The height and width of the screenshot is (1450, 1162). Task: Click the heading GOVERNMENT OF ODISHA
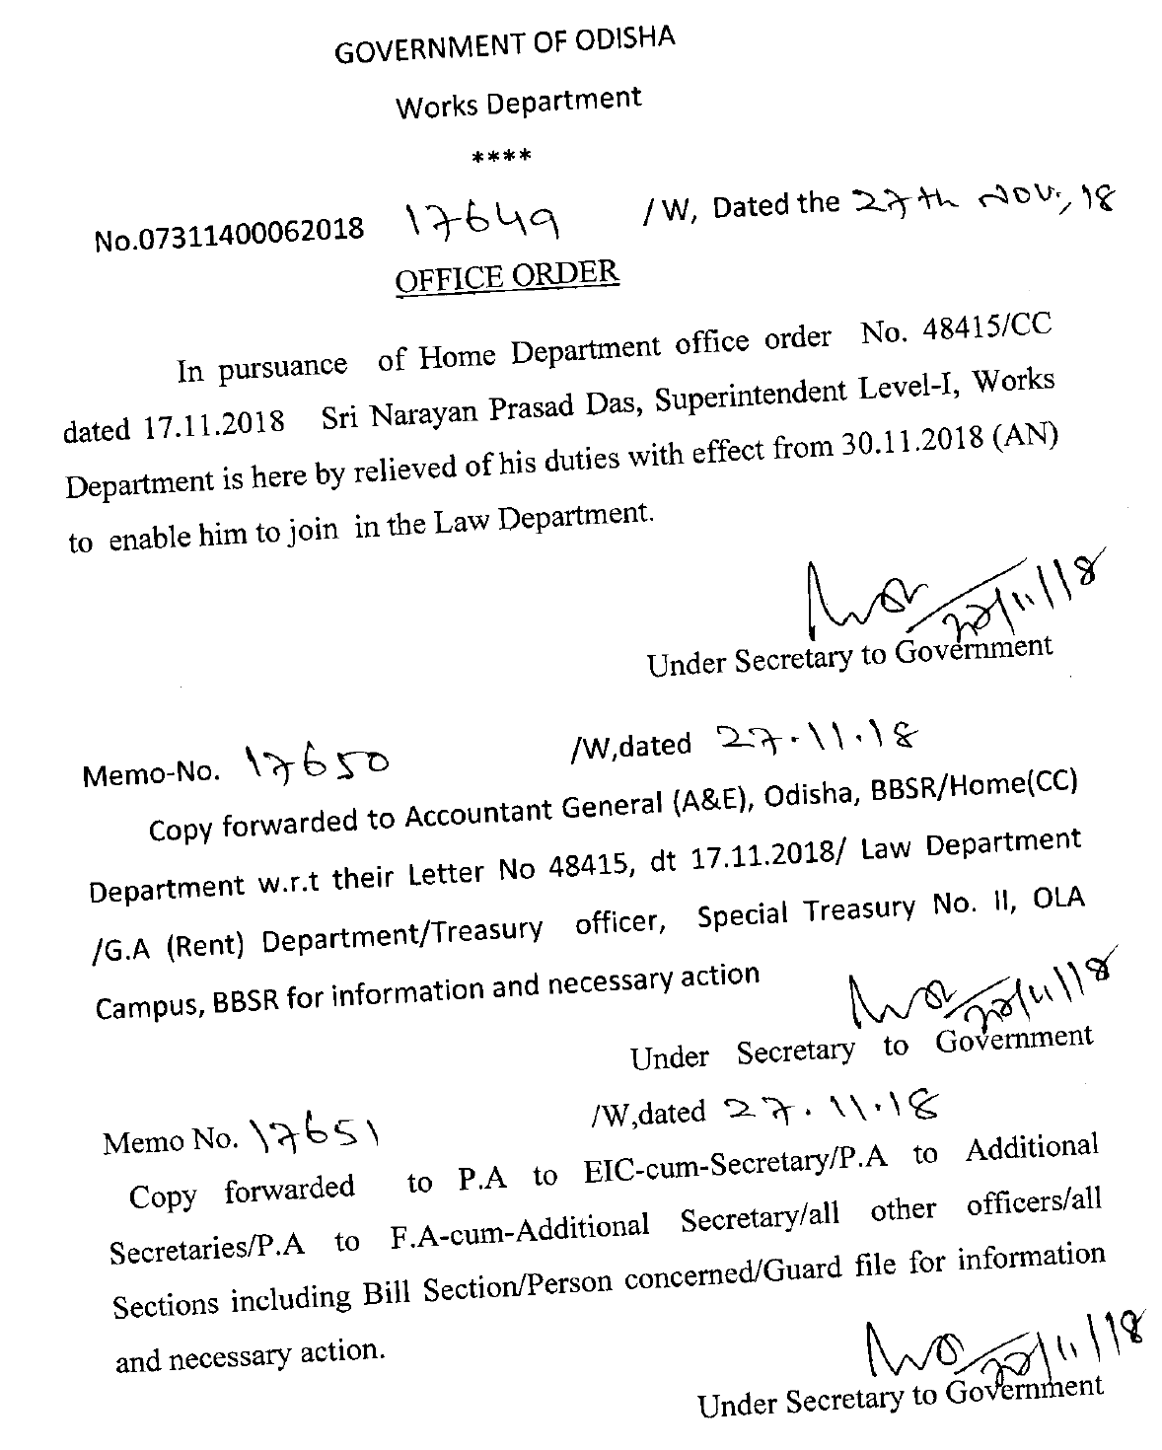tap(504, 44)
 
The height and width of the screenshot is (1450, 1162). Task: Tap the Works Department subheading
tap(518, 102)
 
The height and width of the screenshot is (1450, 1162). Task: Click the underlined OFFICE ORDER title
tap(507, 275)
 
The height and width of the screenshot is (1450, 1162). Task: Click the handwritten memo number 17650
tap(307, 762)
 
